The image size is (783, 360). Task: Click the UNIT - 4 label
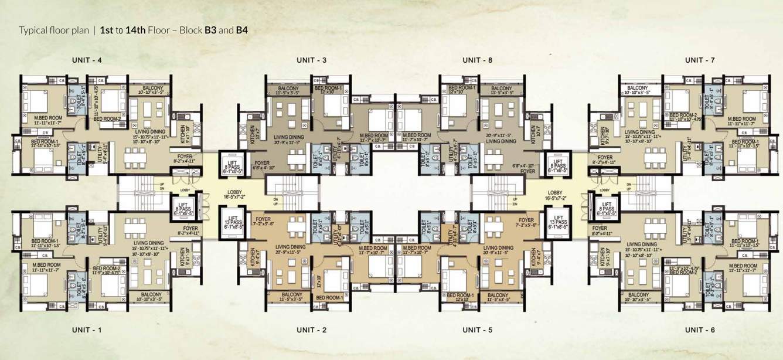(x=87, y=60)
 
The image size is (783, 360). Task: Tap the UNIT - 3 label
(x=312, y=60)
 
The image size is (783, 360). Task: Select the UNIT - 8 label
(x=477, y=60)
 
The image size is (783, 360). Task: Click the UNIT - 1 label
(x=87, y=330)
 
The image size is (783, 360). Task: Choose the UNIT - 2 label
(x=312, y=330)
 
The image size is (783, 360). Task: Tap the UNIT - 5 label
(x=477, y=330)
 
